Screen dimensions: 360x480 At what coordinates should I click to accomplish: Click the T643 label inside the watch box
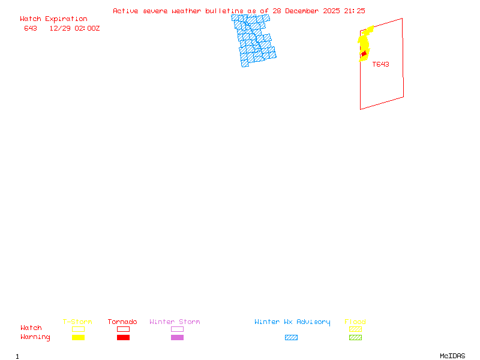coord(380,64)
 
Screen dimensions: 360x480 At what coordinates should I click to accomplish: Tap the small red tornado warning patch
coord(364,55)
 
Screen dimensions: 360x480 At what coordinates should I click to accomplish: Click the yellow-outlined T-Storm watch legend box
coord(78,329)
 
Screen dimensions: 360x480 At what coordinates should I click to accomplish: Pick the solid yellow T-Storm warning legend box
coord(78,338)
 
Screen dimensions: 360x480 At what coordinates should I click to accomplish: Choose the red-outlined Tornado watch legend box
coord(123,329)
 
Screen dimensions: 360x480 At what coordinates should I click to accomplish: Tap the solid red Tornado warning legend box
coord(123,338)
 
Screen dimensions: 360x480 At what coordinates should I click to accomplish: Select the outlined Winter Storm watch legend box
coord(177,329)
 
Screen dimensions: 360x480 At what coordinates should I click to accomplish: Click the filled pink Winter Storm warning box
coord(177,338)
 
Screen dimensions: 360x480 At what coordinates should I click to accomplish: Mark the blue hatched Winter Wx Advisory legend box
coord(291,338)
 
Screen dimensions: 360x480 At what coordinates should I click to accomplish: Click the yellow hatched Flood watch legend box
coord(355,329)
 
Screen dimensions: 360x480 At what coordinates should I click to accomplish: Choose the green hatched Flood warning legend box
coord(355,338)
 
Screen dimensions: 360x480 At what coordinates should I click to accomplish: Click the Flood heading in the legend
coord(355,322)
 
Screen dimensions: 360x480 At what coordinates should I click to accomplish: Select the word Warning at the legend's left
coord(35,337)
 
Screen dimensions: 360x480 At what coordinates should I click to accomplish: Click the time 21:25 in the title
coord(354,11)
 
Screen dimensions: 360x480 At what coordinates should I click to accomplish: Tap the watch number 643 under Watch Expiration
coord(31,28)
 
